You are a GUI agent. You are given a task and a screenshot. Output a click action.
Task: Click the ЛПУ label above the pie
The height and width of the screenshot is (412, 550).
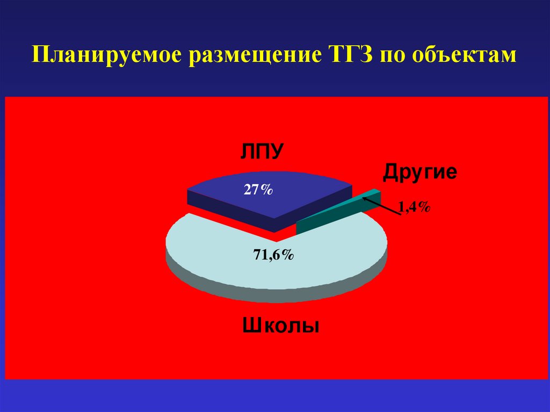click(x=261, y=151)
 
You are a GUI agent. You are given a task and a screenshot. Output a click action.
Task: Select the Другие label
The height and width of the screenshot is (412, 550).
click(x=419, y=172)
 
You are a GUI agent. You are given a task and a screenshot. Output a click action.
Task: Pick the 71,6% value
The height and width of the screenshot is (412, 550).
click(x=273, y=256)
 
